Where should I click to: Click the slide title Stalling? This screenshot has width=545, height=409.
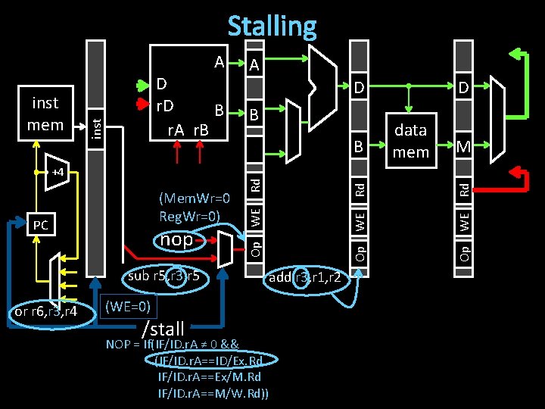272,27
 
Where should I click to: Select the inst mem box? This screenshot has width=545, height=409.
45,113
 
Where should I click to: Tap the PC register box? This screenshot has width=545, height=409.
41,225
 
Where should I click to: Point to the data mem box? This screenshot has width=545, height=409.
410,140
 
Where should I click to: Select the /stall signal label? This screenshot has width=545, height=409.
163,329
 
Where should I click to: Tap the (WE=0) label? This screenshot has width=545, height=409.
129,307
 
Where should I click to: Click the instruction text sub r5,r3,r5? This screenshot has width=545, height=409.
163,276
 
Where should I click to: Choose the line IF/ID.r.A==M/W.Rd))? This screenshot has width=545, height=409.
213,392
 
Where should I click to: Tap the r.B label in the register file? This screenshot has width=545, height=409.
201,130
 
